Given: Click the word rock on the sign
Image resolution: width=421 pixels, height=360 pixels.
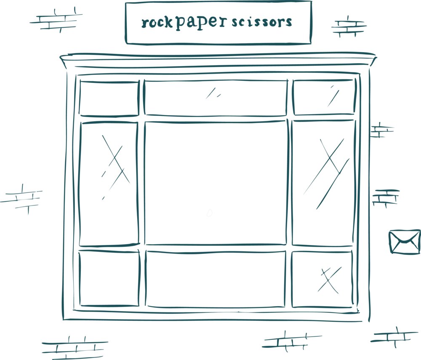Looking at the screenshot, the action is pyautogui.click(x=157, y=22).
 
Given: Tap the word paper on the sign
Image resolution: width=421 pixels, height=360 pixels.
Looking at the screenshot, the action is pyautogui.click(x=201, y=22).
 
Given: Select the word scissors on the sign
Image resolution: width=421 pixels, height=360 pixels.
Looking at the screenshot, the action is pyautogui.click(x=261, y=22).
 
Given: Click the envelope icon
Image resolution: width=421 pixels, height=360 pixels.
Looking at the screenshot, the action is pyautogui.click(x=404, y=242).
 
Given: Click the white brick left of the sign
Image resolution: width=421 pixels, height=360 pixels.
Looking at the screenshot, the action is pyautogui.click(x=52, y=19).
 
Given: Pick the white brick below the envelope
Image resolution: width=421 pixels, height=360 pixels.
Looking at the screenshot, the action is pyautogui.click(x=395, y=337).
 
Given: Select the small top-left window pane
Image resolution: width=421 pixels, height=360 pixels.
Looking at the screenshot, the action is pyautogui.click(x=109, y=98).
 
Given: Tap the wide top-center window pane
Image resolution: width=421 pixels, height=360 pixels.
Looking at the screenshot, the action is pyautogui.click(x=215, y=97).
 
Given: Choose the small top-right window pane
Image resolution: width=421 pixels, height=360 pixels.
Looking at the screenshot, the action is pyautogui.click(x=323, y=97).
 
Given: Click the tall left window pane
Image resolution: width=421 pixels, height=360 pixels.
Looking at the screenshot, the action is pyautogui.click(x=109, y=183).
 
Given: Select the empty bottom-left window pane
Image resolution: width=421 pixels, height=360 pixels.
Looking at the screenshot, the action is pyautogui.click(x=109, y=278).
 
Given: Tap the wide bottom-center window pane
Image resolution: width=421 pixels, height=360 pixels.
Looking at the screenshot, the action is pyautogui.click(x=216, y=279).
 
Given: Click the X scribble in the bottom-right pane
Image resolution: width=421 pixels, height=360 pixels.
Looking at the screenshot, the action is pyautogui.click(x=329, y=280).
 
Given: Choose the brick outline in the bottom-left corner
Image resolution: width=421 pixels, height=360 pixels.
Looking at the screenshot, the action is pyautogui.click(x=74, y=347).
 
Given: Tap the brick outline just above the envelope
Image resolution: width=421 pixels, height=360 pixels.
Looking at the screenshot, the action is pyautogui.click(x=385, y=197).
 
